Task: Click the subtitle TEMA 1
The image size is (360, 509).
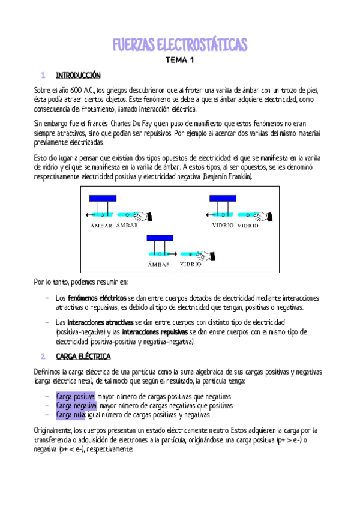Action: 180,61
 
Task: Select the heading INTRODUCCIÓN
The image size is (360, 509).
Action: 78,76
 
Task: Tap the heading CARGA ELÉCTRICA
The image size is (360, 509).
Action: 81,357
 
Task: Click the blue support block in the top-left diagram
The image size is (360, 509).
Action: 103,199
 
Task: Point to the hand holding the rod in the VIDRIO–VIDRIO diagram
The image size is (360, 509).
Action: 272,215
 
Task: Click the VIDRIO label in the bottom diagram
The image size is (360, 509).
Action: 190,264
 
